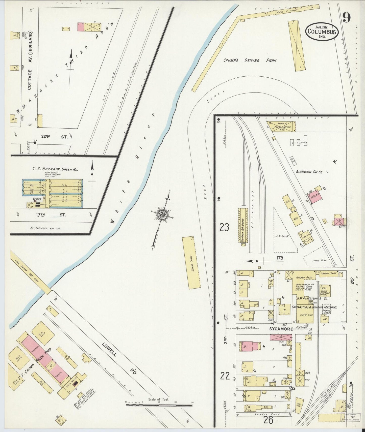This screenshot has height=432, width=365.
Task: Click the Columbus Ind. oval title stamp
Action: click(x=322, y=32)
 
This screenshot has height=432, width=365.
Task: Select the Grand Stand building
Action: click(x=191, y=263)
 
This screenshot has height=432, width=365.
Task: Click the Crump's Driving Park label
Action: click(x=250, y=60)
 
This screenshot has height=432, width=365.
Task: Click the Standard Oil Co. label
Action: click(x=309, y=172)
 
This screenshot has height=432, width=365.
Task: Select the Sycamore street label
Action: click(x=281, y=329)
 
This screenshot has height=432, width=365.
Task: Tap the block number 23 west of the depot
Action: click(x=224, y=227)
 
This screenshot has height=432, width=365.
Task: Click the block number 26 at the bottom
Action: click(x=268, y=420)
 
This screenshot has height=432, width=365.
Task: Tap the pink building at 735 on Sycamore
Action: click(x=250, y=346)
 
